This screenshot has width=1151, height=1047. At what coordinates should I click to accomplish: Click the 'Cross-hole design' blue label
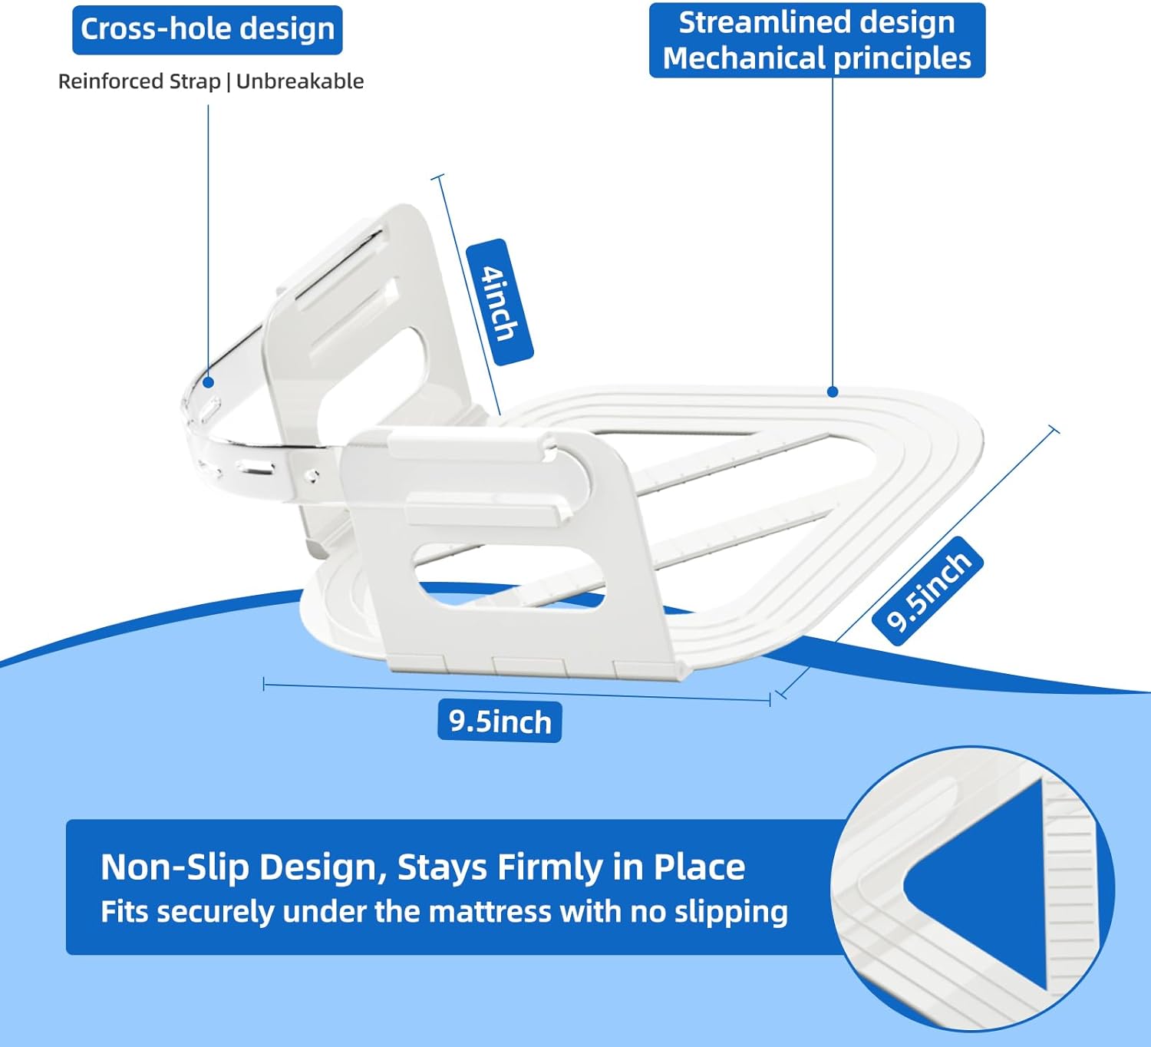(x=207, y=30)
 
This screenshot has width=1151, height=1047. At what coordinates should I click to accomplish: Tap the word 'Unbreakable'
(x=299, y=81)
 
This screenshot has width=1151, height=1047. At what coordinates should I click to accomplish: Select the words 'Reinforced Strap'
(x=140, y=81)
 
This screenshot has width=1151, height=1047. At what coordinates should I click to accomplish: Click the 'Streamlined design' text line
(x=816, y=23)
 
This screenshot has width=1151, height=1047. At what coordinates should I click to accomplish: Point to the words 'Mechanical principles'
(x=816, y=58)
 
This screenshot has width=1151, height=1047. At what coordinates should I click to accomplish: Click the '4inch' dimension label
(x=500, y=302)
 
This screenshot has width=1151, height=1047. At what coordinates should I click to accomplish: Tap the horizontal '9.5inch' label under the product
(x=500, y=722)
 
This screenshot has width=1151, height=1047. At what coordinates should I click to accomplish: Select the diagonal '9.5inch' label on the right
(x=928, y=590)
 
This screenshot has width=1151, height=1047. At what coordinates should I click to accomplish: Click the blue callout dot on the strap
(x=208, y=381)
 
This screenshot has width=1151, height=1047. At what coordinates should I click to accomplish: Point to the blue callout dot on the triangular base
(x=833, y=391)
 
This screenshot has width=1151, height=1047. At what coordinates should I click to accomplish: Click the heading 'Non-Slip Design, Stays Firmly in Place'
(x=423, y=867)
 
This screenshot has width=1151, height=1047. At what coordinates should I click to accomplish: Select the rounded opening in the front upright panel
(x=508, y=576)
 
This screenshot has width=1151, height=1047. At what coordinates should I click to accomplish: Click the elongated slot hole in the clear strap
(x=255, y=467)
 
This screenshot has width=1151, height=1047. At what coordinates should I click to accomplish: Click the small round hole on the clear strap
(x=313, y=475)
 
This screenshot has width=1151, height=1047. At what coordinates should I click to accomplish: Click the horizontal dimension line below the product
(x=516, y=692)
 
